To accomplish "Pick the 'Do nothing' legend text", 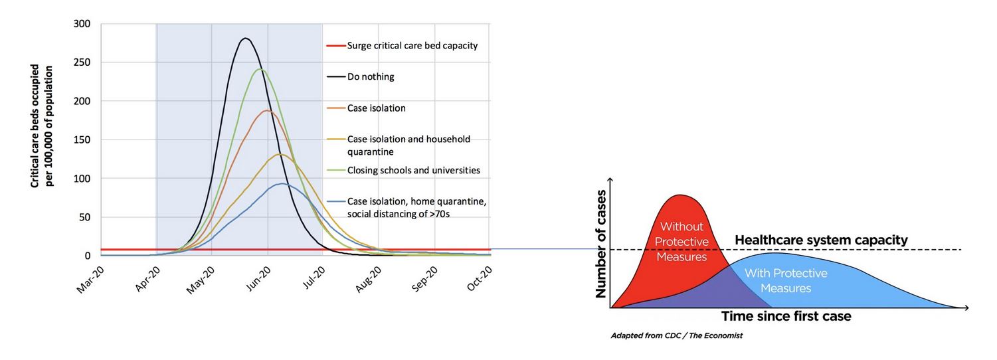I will click(x=371, y=76).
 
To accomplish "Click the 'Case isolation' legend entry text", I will click(x=376, y=108).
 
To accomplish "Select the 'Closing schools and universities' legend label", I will click(x=413, y=170).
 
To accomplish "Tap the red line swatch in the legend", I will click(x=335, y=46).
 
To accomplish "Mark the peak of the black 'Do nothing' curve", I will click(x=245, y=39).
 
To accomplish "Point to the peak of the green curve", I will click(x=260, y=69).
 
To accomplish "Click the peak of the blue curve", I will click(x=282, y=184).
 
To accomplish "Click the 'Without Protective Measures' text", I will click(x=681, y=241).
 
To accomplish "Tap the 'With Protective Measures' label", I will click(x=786, y=281).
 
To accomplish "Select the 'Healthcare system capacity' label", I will click(x=821, y=240).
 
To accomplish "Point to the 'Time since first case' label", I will click(x=786, y=316).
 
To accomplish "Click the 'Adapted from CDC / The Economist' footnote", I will click(x=676, y=336).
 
